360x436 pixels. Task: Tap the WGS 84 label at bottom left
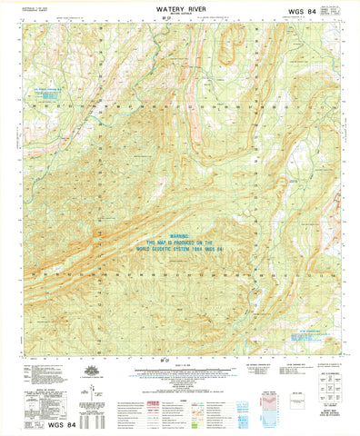point(35,424)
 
